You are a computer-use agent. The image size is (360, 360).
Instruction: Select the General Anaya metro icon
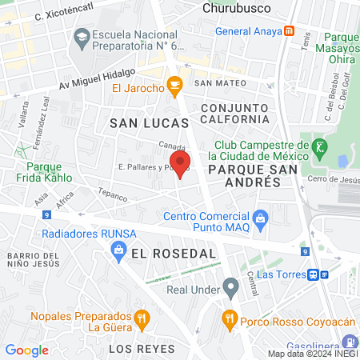289,32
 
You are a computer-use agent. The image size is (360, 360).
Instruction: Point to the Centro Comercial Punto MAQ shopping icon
260,218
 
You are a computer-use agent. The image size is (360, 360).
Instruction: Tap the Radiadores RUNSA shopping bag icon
118,251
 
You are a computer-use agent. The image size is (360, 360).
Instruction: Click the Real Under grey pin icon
231,286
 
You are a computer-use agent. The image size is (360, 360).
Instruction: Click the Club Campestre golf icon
321,146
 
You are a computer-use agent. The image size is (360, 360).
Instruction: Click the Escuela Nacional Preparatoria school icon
81,37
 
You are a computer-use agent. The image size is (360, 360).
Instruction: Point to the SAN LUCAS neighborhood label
149,123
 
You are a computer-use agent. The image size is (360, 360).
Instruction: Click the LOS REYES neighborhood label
142,350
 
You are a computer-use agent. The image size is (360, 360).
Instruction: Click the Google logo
26,350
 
